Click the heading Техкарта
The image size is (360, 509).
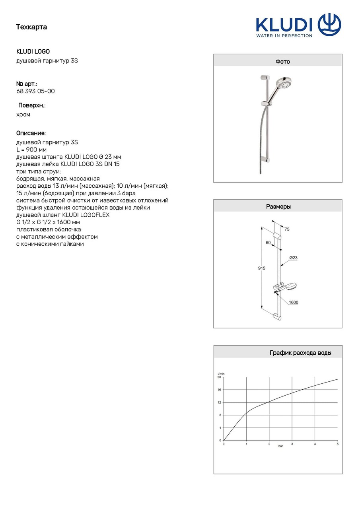click(31, 27)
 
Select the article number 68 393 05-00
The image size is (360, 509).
click(35, 91)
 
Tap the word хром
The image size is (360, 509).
click(23, 115)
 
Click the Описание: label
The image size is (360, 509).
click(31, 133)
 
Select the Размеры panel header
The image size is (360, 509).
click(278, 206)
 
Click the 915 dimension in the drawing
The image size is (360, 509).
click(261, 268)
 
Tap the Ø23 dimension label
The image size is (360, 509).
click(293, 258)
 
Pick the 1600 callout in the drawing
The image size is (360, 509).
click(293, 303)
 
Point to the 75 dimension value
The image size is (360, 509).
click(287, 229)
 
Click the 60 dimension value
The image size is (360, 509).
click(268, 242)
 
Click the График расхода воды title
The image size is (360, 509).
click(300, 353)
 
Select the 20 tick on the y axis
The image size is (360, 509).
click(219, 377)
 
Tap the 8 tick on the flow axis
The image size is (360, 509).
click(220, 415)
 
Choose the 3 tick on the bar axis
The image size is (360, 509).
click(292, 444)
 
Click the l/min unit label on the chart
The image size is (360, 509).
click(221, 373)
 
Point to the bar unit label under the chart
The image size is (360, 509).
click(280, 447)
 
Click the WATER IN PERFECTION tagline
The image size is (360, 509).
click(284, 35)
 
